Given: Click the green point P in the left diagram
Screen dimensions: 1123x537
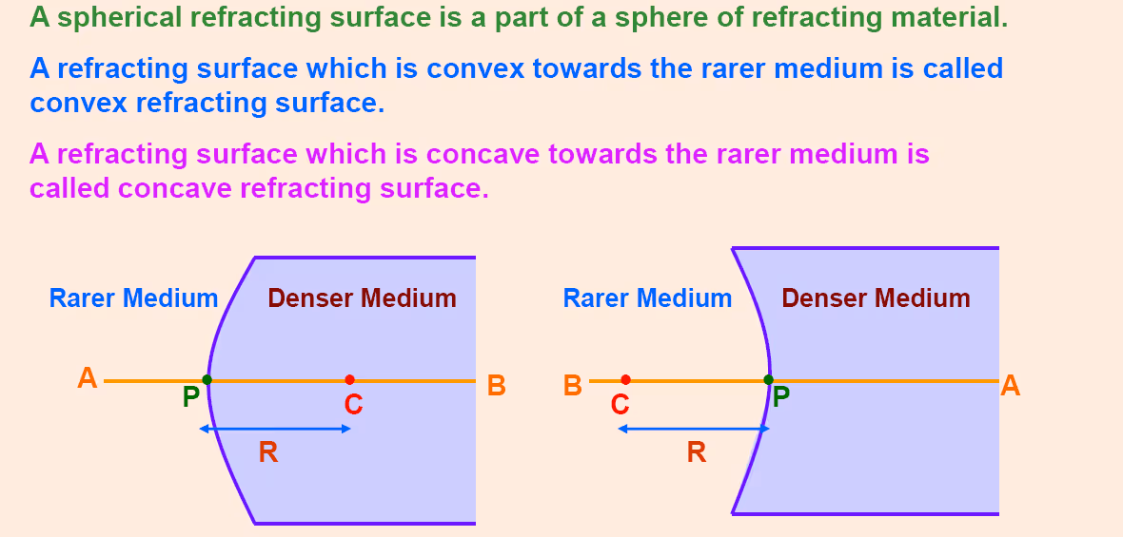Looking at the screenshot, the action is (x=207, y=379).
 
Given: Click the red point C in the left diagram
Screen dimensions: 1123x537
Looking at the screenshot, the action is (x=349, y=379).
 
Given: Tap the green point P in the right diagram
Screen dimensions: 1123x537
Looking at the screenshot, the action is (x=768, y=379).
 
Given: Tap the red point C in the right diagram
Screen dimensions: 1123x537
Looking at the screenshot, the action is (x=626, y=379).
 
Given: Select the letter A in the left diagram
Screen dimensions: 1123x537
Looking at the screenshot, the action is (x=88, y=377).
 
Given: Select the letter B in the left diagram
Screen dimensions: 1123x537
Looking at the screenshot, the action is (x=497, y=386).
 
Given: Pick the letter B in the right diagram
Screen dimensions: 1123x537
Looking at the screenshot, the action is (x=572, y=386).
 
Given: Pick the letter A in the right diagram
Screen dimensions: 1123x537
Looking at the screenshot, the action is (x=1010, y=386).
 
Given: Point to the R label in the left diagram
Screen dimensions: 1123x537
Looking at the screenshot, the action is (x=267, y=451).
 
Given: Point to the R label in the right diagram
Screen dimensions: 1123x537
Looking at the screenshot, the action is (x=696, y=451).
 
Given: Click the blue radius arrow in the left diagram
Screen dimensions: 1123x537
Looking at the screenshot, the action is (x=275, y=429).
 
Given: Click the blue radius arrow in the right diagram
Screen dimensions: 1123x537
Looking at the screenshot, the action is (x=693, y=429).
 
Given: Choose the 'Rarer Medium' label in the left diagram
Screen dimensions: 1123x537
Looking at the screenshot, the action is (x=133, y=298).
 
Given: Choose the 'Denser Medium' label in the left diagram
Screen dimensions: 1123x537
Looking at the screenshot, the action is (x=363, y=298).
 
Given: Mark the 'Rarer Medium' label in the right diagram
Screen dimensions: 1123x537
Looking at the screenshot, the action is (x=647, y=298).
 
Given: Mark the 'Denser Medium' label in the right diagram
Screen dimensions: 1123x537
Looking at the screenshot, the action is (x=876, y=298).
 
